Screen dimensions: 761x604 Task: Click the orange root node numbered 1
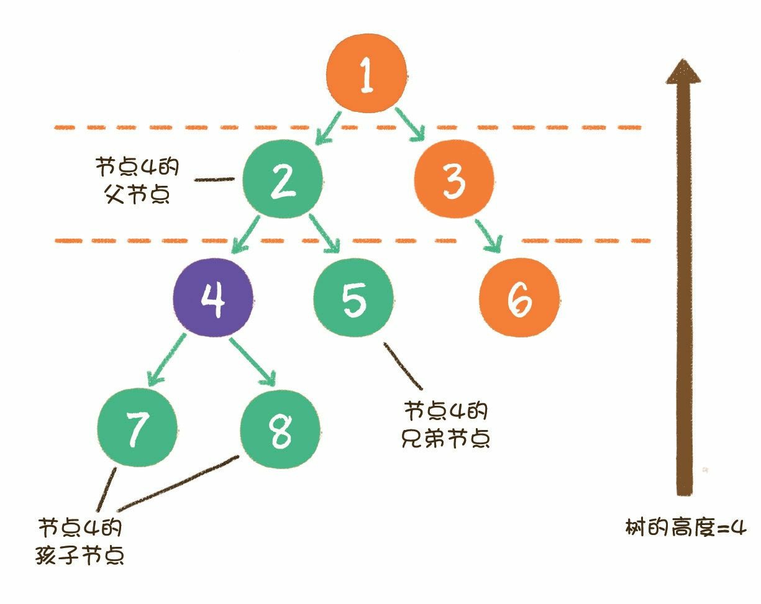point(367,75)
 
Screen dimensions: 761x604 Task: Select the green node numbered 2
point(282,181)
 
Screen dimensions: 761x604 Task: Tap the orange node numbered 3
point(454,181)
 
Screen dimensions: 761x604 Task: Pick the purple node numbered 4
point(213,298)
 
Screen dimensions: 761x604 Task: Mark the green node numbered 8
point(280,429)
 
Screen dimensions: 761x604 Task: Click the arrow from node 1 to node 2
point(329,126)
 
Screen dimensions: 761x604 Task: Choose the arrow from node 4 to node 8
point(252,360)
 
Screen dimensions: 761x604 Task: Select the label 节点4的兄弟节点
point(447,424)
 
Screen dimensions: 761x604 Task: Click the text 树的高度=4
point(685,529)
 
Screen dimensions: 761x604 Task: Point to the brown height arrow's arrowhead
point(683,71)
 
